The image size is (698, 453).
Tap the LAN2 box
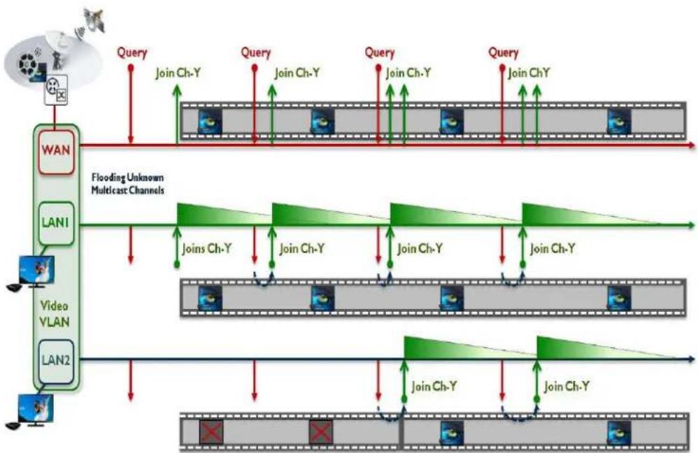tap(56, 361)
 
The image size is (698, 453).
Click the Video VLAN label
tap(55, 314)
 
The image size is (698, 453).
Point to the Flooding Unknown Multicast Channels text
tap(128, 184)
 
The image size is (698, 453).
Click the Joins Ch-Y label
tap(207, 248)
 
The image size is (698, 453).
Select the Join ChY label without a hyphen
tap(529, 73)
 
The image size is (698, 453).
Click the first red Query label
tap(131, 52)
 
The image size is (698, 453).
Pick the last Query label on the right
tap(504, 52)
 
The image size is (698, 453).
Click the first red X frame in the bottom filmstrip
tap(211, 431)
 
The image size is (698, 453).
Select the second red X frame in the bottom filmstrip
tap(321, 431)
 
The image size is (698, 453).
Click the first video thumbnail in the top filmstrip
tap(210, 122)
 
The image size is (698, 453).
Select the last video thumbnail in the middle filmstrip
tap(619, 298)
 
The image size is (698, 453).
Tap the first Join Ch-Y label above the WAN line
tap(178, 73)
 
